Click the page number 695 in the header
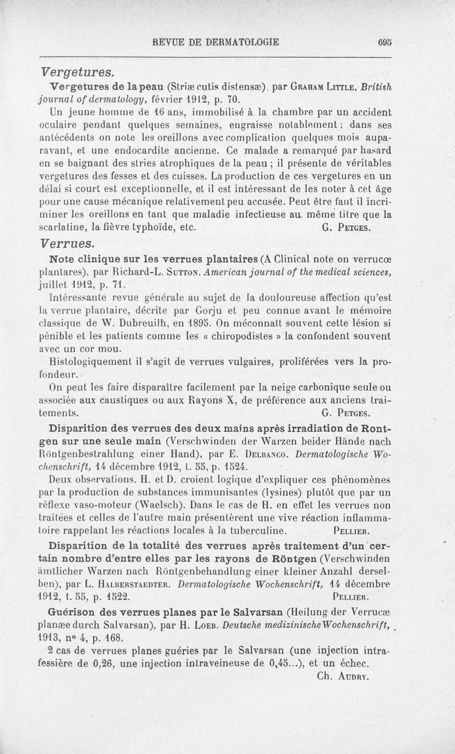point(384,42)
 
